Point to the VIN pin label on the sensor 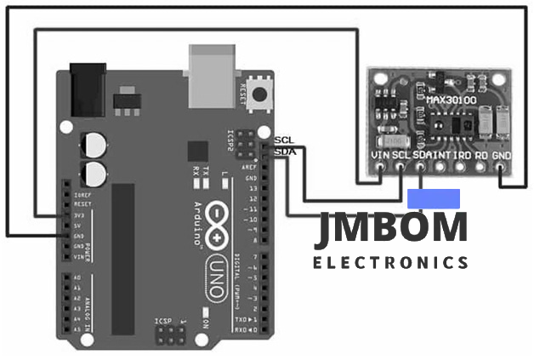[383, 156]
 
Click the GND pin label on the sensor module [502, 156]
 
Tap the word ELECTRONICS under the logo [390, 262]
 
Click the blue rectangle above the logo [434, 198]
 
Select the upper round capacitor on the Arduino [94, 145]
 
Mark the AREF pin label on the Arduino [252, 169]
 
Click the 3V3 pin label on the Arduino [82, 215]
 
